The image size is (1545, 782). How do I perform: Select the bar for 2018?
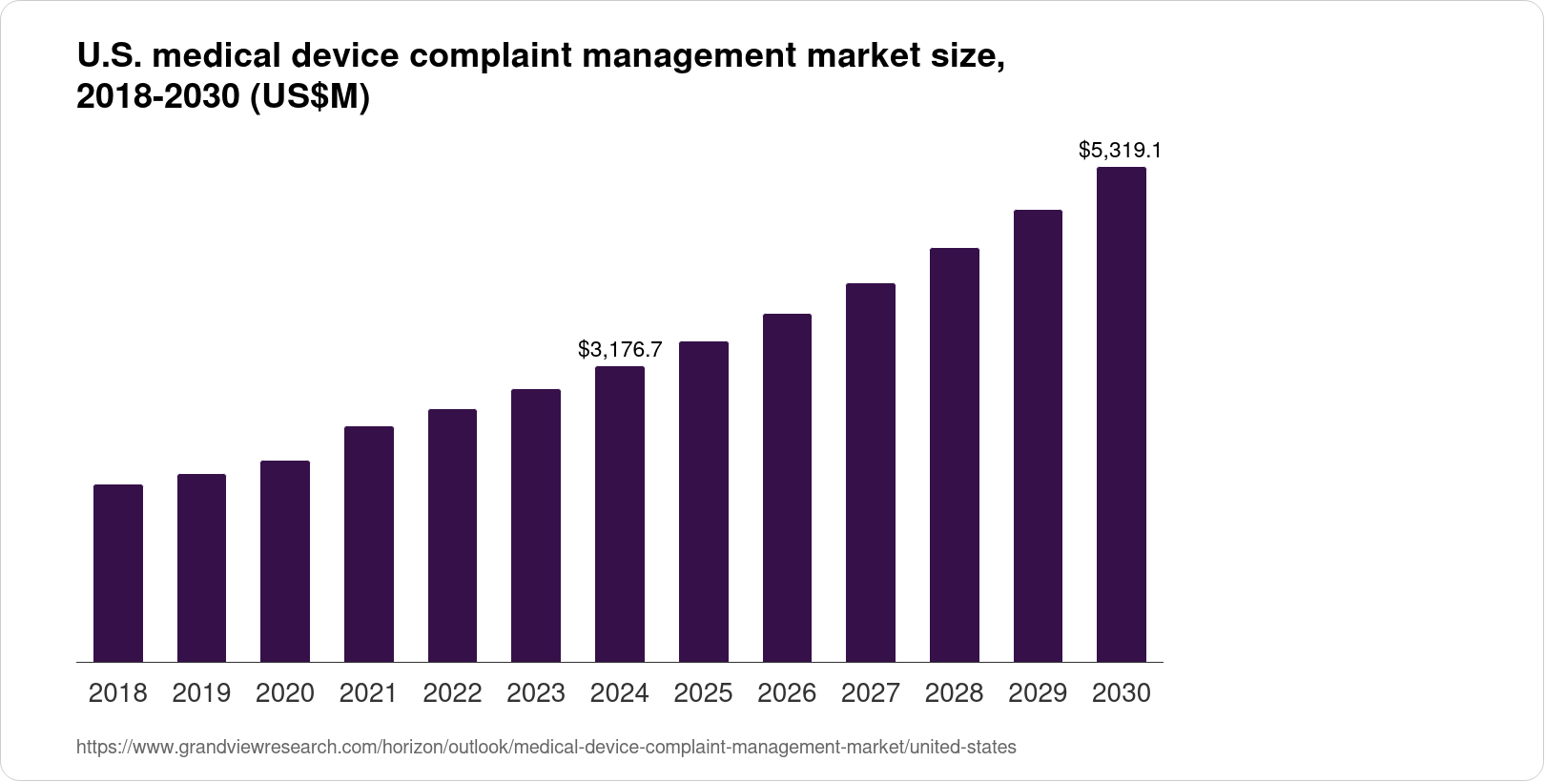118,573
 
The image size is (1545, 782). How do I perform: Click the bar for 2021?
369,544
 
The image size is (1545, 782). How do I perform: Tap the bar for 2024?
620,514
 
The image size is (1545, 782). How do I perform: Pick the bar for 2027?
871,472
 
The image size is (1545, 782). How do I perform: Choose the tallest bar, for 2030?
1122,415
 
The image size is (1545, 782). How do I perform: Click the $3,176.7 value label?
620,350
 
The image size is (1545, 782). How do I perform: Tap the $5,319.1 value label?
1121,151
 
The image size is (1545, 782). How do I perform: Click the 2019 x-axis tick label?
201,693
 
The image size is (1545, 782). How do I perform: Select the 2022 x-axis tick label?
452,693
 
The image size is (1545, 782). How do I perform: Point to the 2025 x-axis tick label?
704,693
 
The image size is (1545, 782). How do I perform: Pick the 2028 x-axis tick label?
955,693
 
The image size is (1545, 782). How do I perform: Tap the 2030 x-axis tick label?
1122,693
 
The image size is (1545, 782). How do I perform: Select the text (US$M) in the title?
309,97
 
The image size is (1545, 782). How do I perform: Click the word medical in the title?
216,57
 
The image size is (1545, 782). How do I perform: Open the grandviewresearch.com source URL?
546,748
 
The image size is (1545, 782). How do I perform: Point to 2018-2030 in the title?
158,97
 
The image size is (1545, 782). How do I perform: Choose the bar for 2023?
536,525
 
